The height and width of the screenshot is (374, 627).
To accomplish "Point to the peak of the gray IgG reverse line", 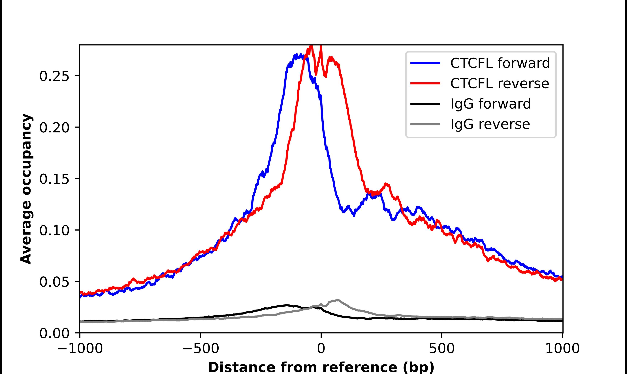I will (337, 300).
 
